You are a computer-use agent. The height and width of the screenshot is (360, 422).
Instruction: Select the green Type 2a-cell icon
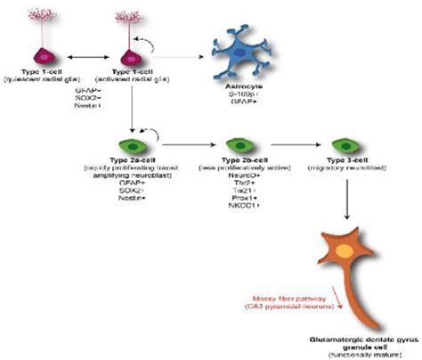tap(133, 143)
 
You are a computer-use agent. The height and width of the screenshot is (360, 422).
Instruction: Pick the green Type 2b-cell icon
tap(237, 143)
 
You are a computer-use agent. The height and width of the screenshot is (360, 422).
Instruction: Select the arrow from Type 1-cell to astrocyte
tap(174, 54)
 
